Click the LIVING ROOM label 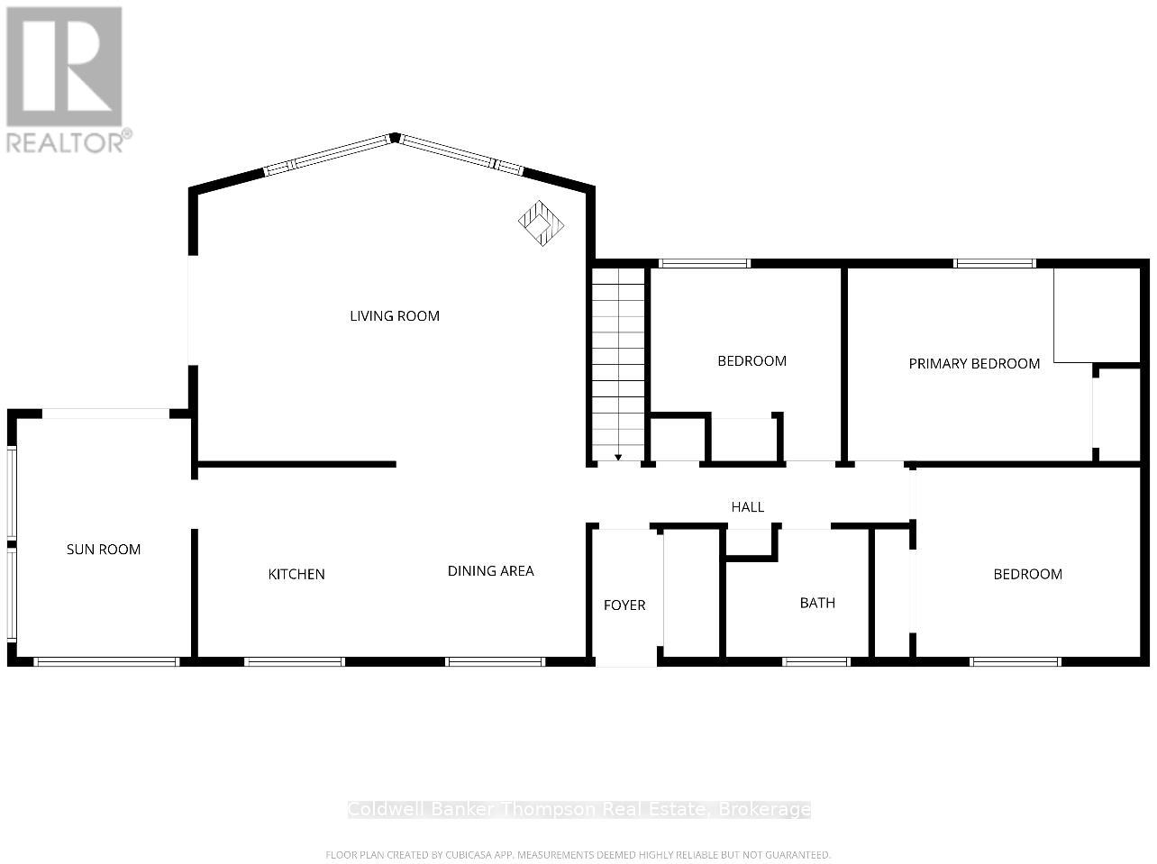tap(395, 316)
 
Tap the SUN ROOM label tap(104, 550)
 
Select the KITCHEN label tap(296, 575)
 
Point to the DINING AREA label tap(490, 571)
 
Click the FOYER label tap(624, 605)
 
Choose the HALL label tap(748, 507)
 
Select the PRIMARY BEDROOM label tap(974, 364)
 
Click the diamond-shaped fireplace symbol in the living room tap(541, 223)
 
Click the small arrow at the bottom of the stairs tap(618, 457)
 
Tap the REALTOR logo tap(65, 79)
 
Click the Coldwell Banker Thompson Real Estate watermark tap(579, 810)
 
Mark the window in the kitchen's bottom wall tap(295, 662)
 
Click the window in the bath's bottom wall tap(815, 662)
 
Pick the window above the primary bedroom tap(995, 263)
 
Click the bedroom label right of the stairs tap(752, 361)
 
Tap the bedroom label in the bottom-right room tap(1027, 575)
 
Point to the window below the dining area tap(496, 662)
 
